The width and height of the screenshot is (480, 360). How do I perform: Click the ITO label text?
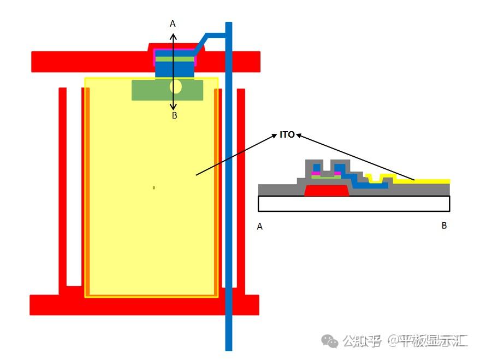[287, 134]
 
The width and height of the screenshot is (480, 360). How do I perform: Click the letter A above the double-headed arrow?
[173, 23]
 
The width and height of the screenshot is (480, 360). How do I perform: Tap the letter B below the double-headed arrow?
[174, 115]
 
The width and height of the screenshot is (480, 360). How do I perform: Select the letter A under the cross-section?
[259, 226]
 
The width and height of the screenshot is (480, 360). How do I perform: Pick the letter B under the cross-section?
[444, 225]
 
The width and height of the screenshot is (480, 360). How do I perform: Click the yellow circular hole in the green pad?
[175, 86]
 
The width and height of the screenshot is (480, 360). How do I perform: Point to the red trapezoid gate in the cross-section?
[327, 191]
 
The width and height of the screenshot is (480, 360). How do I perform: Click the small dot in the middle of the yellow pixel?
[154, 187]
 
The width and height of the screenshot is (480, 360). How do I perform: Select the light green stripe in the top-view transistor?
[175, 58]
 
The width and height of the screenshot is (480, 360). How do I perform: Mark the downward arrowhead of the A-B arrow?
[174, 107]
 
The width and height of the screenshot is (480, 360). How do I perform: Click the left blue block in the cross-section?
[316, 167]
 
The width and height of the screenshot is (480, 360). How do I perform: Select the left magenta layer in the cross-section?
[315, 173]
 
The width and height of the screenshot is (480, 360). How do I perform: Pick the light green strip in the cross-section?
[327, 177]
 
